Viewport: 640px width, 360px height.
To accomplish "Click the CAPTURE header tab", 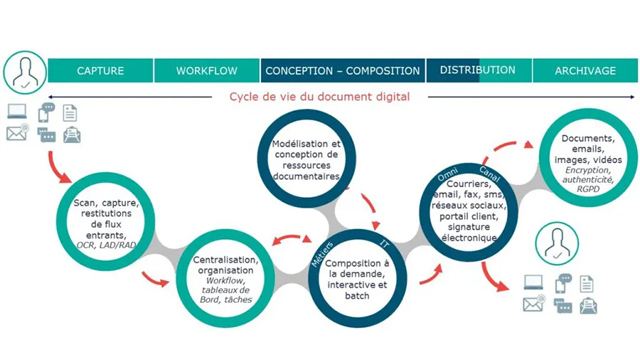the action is [x=100, y=70].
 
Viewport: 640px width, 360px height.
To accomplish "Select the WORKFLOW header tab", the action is [x=207, y=70].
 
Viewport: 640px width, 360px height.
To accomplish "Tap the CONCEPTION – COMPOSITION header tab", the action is [x=343, y=70].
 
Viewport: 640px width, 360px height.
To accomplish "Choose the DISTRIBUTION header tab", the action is [x=479, y=70].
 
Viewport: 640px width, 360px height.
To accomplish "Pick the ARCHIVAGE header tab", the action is [x=585, y=70].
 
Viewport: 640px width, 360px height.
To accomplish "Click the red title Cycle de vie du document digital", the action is [x=319, y=97].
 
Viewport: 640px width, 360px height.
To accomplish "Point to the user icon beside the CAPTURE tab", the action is [x=25, y=73].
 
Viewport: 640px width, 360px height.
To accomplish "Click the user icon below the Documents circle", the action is [x=557, y=243].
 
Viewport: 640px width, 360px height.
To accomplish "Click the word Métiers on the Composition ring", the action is [x=322, y=254].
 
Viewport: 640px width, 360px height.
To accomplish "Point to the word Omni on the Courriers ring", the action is [x=447, y=174].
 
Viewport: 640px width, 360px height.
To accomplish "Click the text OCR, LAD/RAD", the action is [x=106, y=245].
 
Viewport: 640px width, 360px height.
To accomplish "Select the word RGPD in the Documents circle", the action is [x=588, y=189].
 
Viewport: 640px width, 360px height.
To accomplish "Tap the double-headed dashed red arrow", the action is [x=292, y=237].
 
